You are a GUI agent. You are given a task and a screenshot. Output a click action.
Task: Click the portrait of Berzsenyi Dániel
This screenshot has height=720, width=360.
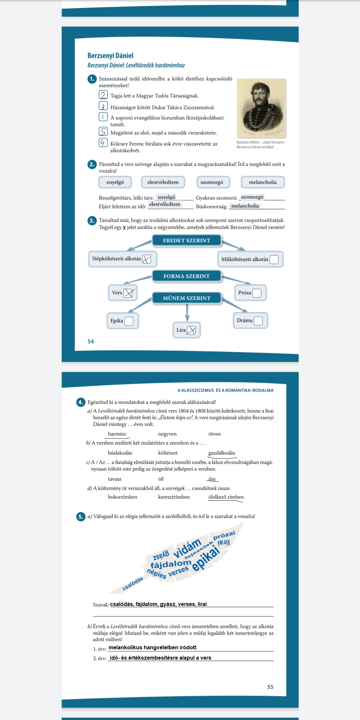pos(261,108)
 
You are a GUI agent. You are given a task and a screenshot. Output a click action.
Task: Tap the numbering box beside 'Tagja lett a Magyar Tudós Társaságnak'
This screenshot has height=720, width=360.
pos(103,95)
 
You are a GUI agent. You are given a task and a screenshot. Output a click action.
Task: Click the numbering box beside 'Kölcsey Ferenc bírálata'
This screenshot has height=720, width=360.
pos(103,143)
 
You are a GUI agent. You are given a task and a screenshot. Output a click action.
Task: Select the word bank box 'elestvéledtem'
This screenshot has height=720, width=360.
pos(163,182)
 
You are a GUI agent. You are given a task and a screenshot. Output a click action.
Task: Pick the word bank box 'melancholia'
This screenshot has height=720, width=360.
pos(263,182)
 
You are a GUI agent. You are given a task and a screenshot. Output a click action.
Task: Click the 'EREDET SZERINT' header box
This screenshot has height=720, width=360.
pos(187,240)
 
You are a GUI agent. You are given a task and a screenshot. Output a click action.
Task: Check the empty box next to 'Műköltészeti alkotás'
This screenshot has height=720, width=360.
pos(274,259)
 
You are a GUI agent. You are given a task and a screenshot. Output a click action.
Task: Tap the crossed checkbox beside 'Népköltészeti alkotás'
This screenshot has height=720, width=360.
pos(146,259)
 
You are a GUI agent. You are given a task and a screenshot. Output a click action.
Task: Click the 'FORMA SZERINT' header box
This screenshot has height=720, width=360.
pos(187,276)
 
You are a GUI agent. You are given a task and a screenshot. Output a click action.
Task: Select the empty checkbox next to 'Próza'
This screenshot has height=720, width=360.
pos(257,293)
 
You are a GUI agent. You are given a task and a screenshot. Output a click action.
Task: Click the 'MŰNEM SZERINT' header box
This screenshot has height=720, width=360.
pos(187,298)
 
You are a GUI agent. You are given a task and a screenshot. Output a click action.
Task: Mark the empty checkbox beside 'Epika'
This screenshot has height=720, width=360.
pos(129,321)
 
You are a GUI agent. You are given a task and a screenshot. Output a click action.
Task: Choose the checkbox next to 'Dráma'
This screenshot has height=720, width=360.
pos(258,321)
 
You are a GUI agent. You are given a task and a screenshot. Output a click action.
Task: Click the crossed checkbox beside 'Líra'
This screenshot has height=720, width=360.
pos(191,330)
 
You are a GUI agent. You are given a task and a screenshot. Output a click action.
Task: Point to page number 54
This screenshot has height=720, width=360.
pos(91,341)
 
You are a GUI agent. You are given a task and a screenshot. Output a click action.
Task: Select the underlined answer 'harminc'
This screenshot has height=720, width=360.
pos(117,434)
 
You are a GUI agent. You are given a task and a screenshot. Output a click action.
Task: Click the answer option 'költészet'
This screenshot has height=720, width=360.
pos(168,453)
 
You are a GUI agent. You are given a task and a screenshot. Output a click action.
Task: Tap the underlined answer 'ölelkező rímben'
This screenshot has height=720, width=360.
pos(226,497)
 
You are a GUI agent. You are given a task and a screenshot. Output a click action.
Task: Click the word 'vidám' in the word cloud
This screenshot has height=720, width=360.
pos(187,548)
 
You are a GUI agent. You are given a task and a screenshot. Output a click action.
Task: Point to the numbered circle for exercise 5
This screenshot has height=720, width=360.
pos(81,517)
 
